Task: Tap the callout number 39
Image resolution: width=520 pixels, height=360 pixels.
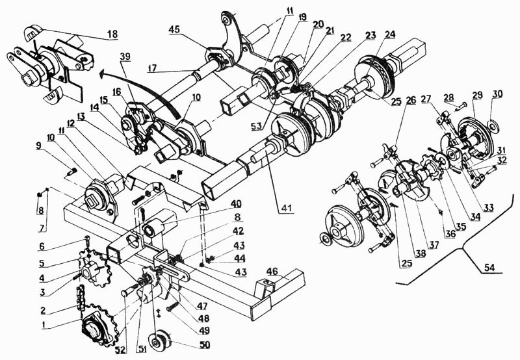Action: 125,57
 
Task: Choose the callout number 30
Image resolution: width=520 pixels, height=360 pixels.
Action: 497,94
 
